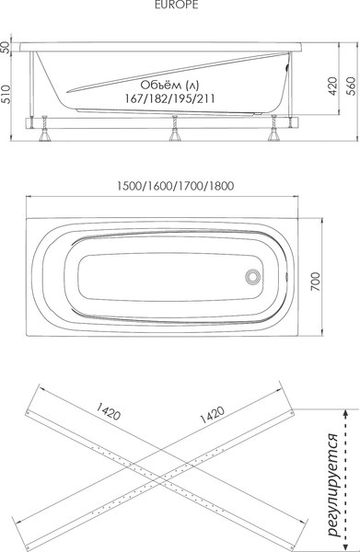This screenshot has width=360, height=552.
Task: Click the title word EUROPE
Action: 180,6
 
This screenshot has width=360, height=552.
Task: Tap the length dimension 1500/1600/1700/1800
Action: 175,185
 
